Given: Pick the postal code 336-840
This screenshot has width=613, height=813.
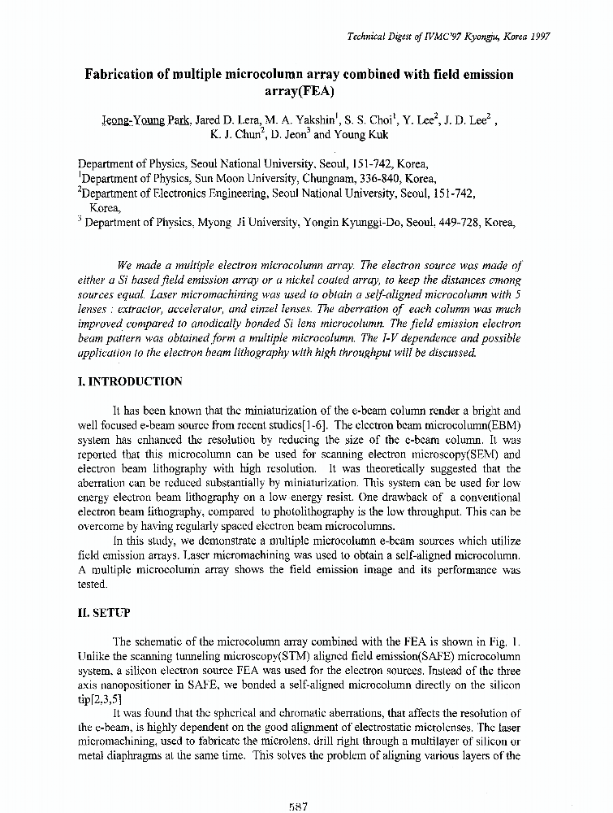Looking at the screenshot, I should tap(377, 179).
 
